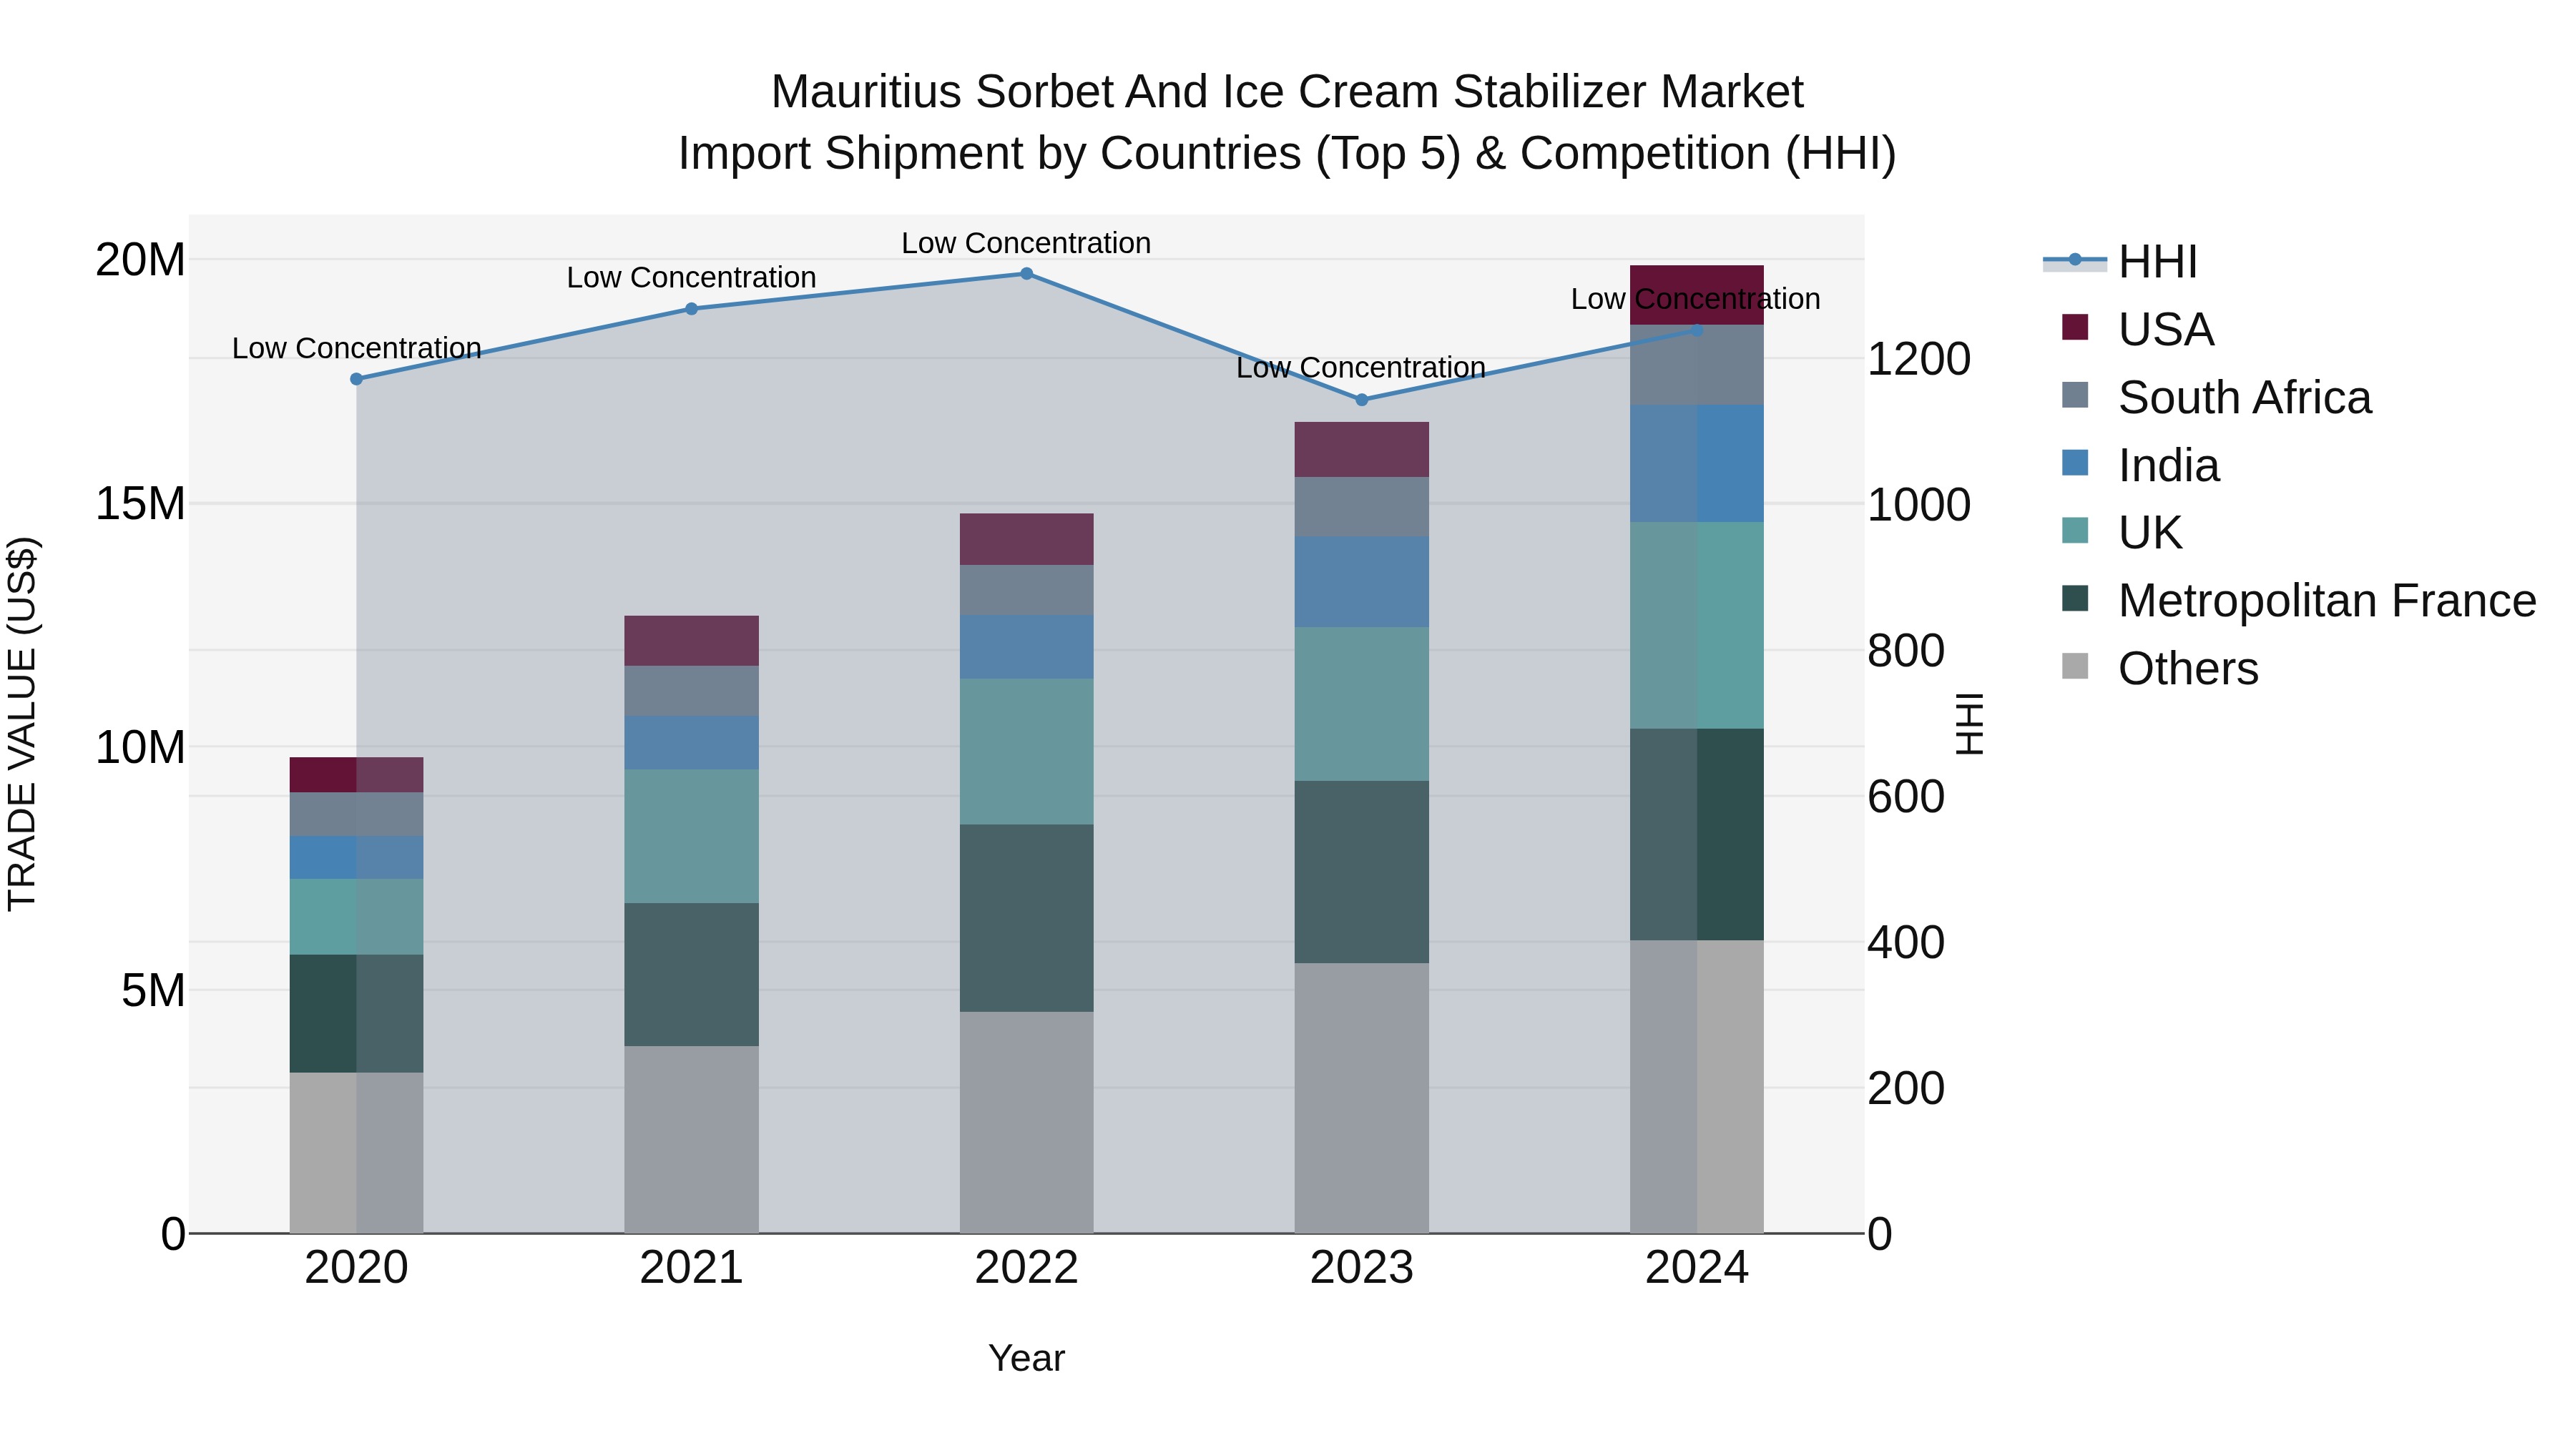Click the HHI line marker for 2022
[1026, 273]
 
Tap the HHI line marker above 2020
[356, 379]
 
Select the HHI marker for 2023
[1360, 400]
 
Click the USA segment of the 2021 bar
[691, 641]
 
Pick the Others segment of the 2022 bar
[1026, 1121]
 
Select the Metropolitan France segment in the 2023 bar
[1360, 872]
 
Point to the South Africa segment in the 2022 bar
[1026, 590]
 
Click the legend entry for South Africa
[2243, 398]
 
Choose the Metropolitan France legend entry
[2325, 601]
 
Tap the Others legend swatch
[2075, 666]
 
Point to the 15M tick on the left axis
[140, 503]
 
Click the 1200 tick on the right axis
[1917, 359]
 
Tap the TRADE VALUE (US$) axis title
[22, 724]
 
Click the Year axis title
[1026, 1358]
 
